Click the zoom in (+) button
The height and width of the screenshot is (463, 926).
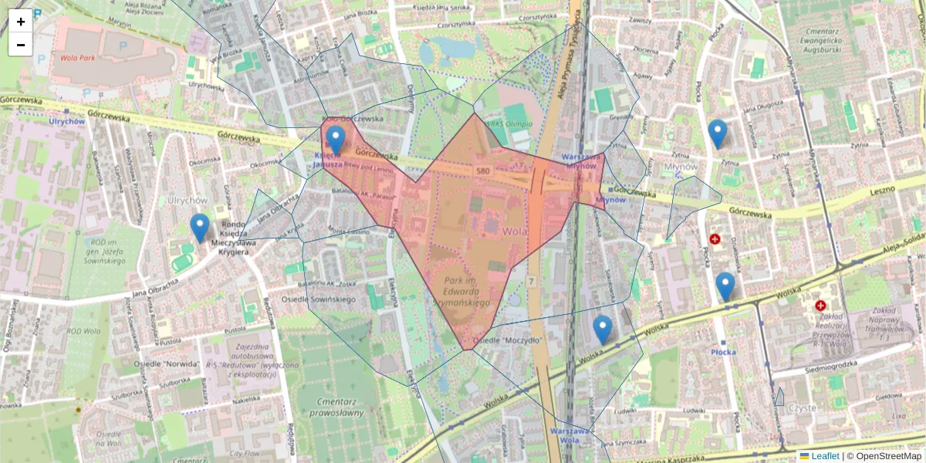click(21, 21)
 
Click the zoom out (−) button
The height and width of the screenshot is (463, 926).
click(21, 45)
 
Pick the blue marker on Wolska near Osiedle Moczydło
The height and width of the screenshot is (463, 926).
click(603, 330)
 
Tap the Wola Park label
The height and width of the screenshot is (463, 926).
click(77, 57)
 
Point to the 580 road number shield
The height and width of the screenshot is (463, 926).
click(483, 171)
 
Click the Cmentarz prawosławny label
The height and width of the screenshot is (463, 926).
click(340, 407)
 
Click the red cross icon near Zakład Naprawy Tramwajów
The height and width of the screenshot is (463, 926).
click(820, 306)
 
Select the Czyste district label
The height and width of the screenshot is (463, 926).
click(803, 407)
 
